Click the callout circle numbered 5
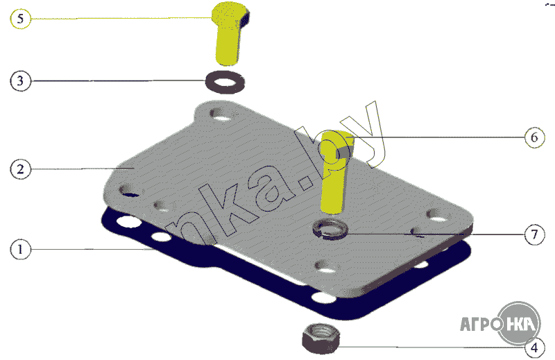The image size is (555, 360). coord(21,19)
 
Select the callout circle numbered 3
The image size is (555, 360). coord(21,80)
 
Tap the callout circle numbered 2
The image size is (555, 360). coord(21,169)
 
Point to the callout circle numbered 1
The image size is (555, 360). coord(21,249)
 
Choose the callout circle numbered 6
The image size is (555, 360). coord(534,137)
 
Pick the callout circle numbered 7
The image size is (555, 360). coord(534,234)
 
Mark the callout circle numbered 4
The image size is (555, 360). coord(534,348)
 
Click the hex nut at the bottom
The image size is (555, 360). coord(321,338)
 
